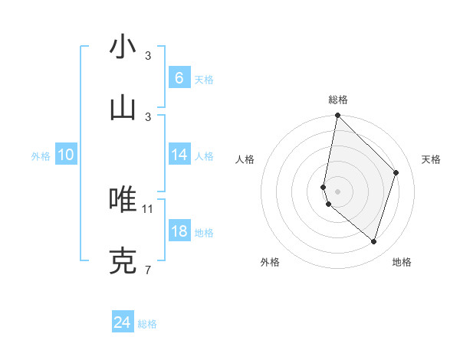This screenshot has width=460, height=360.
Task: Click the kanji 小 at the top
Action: tap(123, 47)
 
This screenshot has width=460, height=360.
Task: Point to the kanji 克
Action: tap(123, 261)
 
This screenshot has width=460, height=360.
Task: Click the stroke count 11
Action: tap(148, 208)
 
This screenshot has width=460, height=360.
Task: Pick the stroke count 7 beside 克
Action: tap(148, 270)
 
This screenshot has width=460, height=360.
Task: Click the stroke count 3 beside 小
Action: tap(148, 56)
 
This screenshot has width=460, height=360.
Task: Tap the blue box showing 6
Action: tap(179, 77)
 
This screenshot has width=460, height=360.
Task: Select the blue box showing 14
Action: tap(179, 155)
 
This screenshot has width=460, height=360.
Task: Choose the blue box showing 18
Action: tap(179, 231)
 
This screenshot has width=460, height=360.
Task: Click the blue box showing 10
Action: tap(66, 155)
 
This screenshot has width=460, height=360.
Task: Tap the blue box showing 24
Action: tap(122, 322)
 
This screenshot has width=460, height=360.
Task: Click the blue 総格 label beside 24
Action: tap(147, 324)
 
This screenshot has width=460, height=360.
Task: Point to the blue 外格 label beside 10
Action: tap(41, 156)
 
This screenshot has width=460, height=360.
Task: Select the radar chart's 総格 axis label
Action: tap(337, 100)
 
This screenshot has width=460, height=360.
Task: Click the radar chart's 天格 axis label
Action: tap(431, 159)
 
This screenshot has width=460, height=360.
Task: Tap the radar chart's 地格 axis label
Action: tap(402, 262)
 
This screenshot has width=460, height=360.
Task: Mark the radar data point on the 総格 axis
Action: tap(337, 115)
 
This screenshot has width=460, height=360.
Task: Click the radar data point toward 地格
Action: tap(373, 241)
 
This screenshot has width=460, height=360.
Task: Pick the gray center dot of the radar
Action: tap(337, 191)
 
